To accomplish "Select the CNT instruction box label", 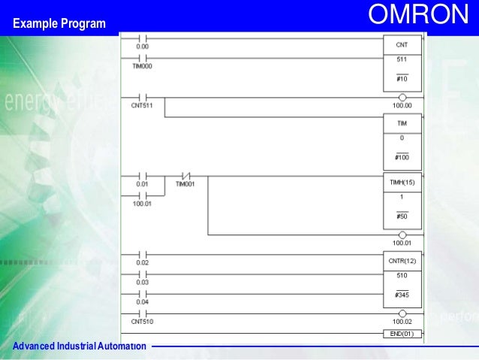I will [x=402, y=44].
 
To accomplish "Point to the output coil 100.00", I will [x=402, y=97].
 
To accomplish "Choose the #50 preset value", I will [x=402, y=216].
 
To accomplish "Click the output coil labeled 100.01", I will [x=402, y=234].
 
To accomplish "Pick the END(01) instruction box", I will [x=402, y=333].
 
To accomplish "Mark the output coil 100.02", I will [x=402, y=313].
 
